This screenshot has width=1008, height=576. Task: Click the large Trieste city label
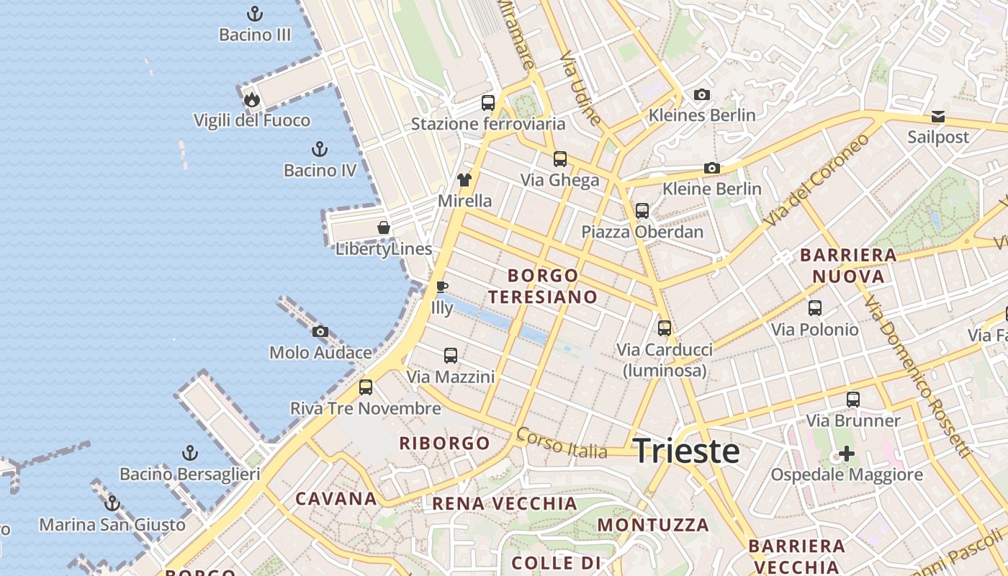coord(686,451)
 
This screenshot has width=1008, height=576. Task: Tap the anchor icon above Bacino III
coord(254,14)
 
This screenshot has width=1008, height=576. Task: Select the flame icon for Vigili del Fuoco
coord(251,99)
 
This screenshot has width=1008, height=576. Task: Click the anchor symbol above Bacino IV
coord(319,150)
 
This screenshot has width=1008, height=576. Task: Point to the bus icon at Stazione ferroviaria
coord(488,103)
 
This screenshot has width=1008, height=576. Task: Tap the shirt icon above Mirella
coord(464,180)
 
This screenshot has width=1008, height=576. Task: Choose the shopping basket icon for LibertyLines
coord(384,228)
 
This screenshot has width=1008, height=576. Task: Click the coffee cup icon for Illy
coord(442,287)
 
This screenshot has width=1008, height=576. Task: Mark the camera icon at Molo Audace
coord(320,332)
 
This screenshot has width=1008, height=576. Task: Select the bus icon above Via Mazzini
coord(451,356)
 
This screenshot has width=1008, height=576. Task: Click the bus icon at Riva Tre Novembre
coord(366,387)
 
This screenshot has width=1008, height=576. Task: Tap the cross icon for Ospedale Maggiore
coord(847,454)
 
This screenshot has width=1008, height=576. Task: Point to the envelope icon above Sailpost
coord(938,116)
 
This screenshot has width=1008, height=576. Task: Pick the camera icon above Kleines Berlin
coord(702,94)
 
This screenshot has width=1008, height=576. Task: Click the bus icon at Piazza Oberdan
coord(642,211)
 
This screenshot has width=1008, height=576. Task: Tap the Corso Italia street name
coord(562,444)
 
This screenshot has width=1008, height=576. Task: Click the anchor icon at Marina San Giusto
coord(112,503)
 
